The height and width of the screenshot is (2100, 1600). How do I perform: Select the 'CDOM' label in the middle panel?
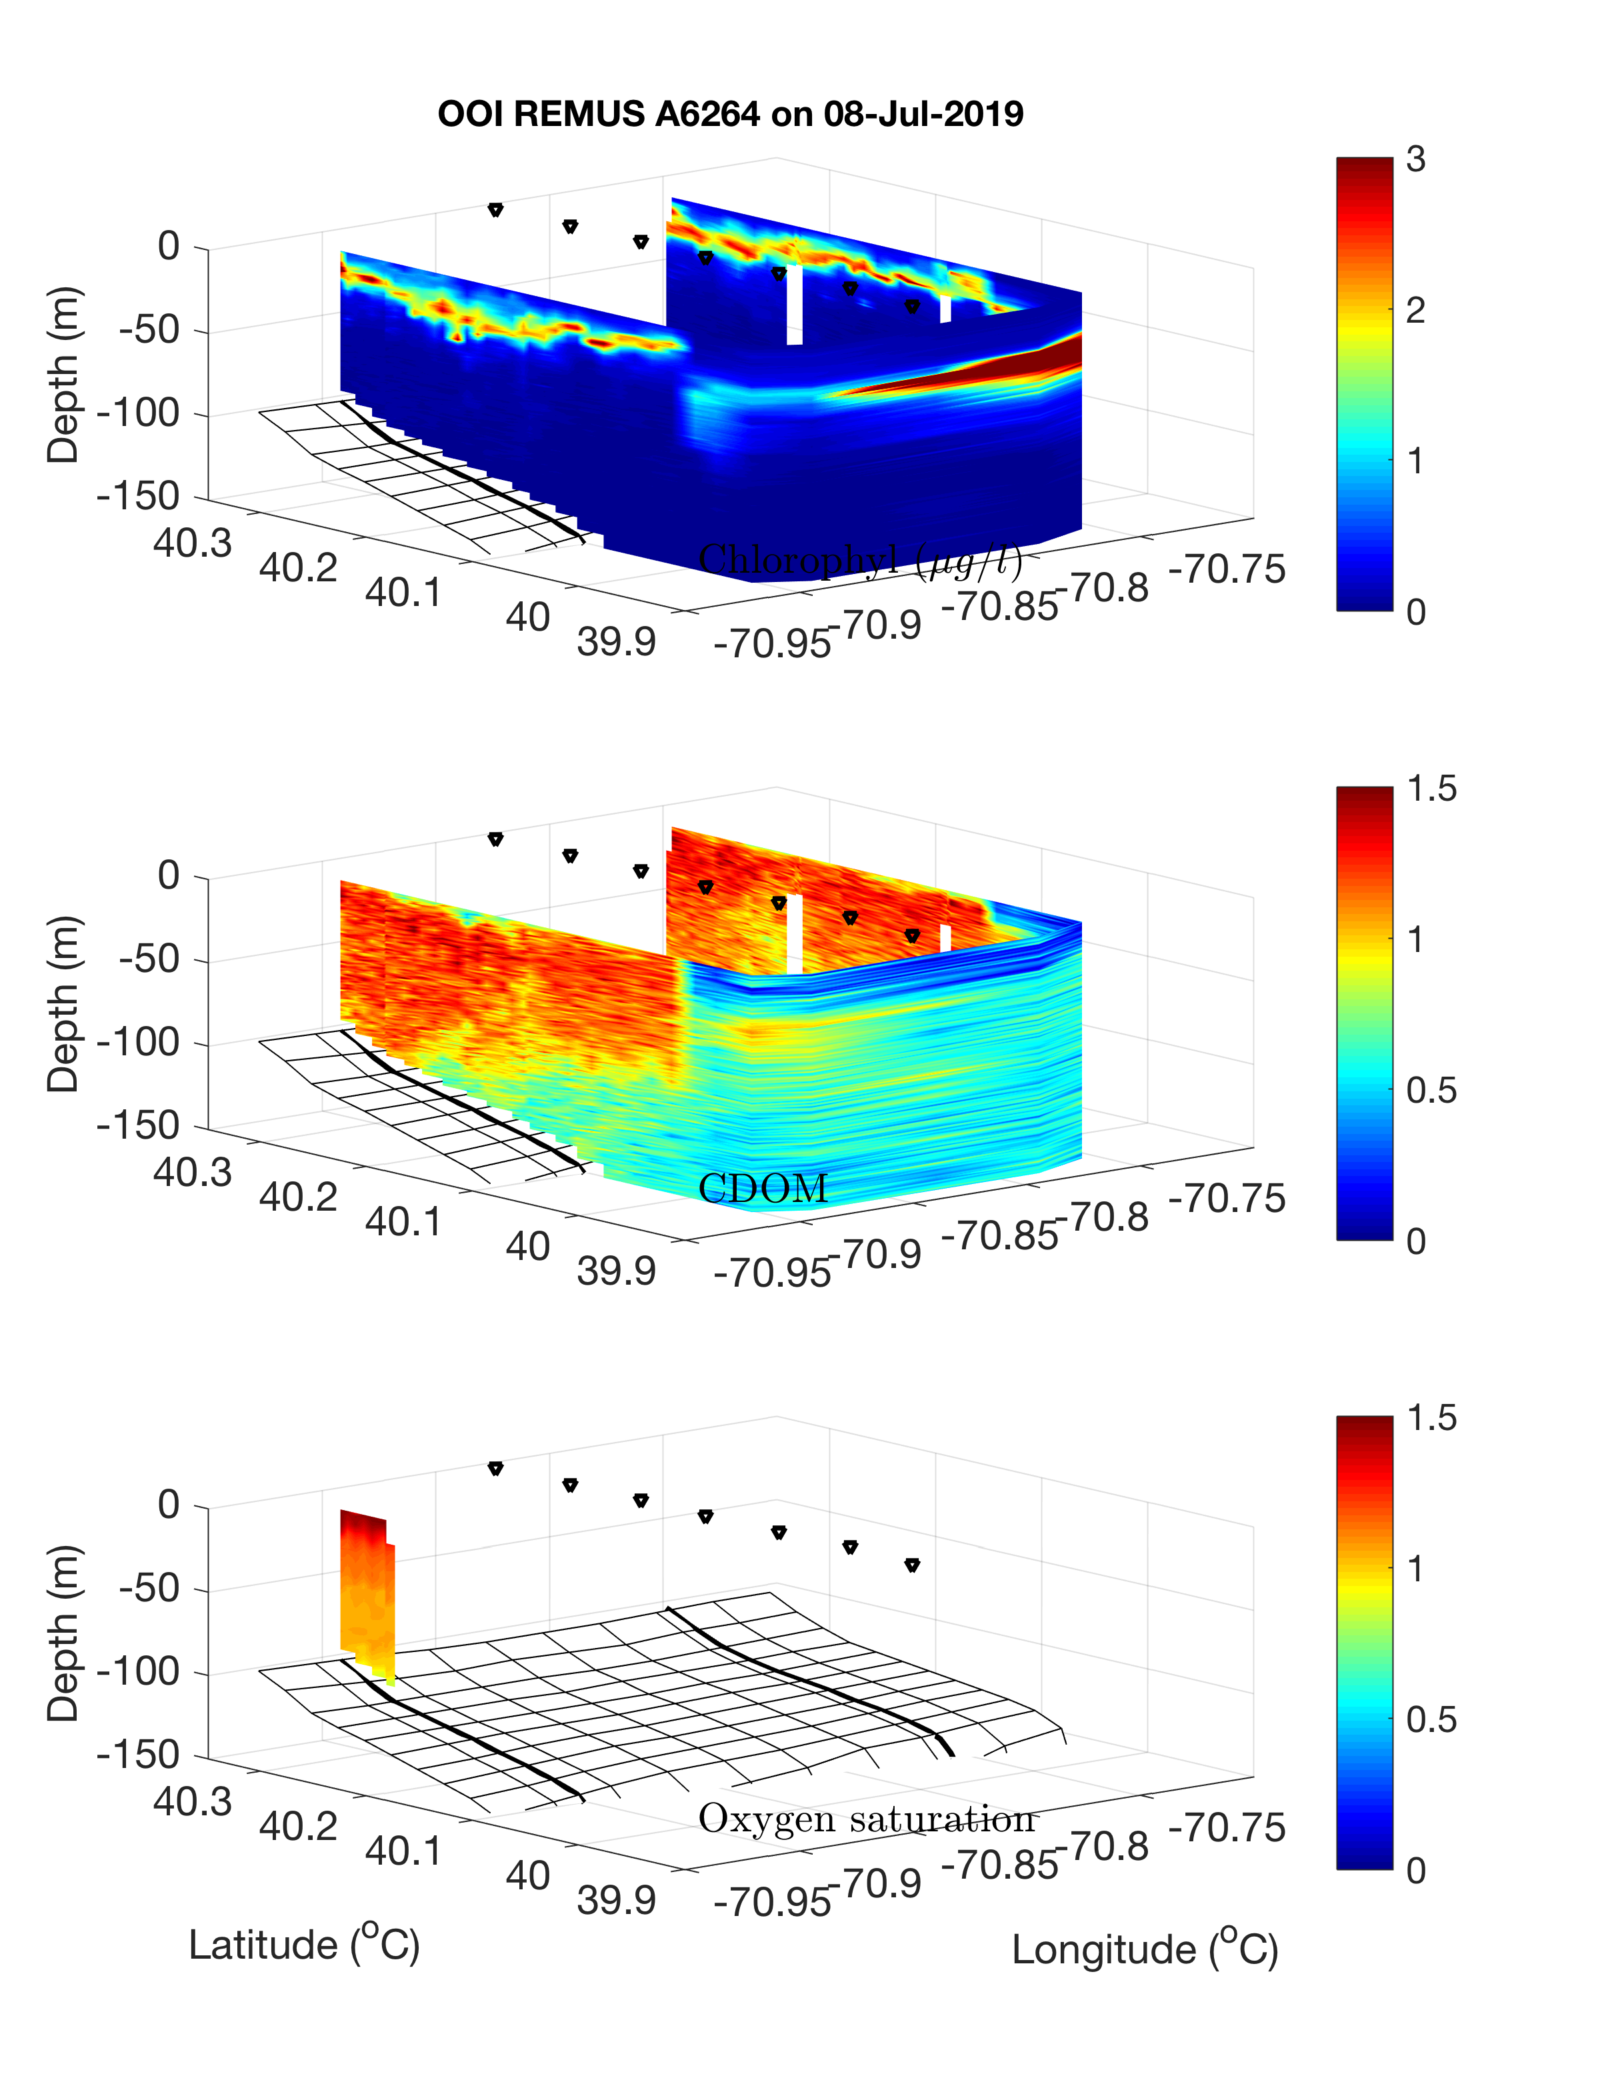762,1189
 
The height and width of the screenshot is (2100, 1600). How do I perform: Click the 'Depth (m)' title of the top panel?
64,374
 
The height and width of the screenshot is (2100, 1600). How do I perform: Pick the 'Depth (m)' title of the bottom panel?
64,1633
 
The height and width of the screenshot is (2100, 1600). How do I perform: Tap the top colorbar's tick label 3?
1415,160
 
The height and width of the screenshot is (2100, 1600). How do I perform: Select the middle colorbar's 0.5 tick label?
1431,1091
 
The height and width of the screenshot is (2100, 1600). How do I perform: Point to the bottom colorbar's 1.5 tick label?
1431,1418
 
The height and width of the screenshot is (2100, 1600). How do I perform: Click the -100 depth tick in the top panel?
137,414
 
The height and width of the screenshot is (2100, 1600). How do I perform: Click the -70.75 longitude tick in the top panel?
1227,569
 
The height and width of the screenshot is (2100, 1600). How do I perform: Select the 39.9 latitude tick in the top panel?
616,643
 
